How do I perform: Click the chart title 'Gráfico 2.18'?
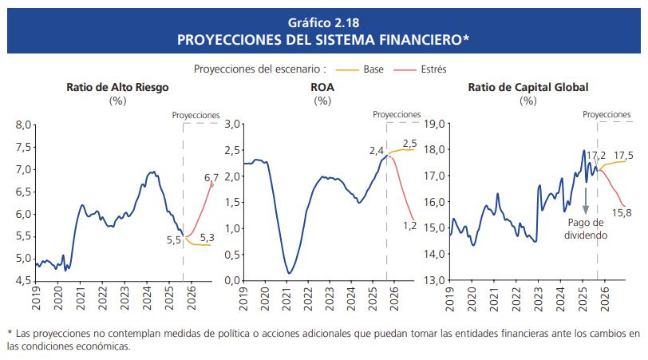324,21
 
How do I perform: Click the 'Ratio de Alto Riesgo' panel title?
118,88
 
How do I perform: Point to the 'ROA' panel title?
322,88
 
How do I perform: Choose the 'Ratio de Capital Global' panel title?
527,88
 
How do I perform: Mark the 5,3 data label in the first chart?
207,237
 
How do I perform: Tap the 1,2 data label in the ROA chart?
409,226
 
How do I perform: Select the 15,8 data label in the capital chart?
623,212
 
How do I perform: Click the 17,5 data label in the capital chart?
624,156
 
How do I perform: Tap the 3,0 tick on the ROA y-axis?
232,124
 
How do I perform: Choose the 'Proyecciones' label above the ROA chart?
397,115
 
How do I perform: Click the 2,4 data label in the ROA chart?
377,150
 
